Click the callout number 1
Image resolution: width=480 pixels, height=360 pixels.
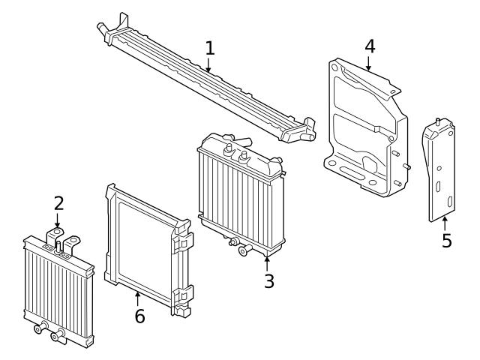(x=210, y=49)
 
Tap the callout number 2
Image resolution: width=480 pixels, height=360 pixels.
(x=58, y=203)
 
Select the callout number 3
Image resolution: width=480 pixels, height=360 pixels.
(x=268, y=281)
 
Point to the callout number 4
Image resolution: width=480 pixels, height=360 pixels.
(x=370, y=46)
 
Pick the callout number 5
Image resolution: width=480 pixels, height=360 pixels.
(x=446, y=241)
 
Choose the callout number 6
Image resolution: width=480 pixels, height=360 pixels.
(x=139, y=316)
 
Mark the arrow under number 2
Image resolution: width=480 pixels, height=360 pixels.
(x=58, y=221)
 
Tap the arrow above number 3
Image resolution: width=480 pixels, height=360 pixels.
(x=268, y=262)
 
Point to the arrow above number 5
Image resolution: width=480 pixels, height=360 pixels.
(x=445, y=223)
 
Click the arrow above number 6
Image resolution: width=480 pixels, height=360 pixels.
(x=138, y=298)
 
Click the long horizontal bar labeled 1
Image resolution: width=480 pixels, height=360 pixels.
(x=202, y=82)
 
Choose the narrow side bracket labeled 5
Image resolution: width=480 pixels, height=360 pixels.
(x=440, y=172)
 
